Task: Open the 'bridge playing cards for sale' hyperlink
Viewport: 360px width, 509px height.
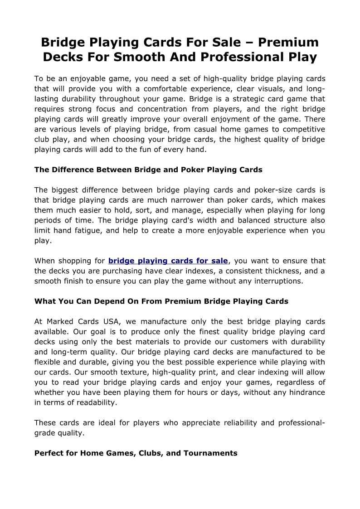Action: click(x=168, y=261)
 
